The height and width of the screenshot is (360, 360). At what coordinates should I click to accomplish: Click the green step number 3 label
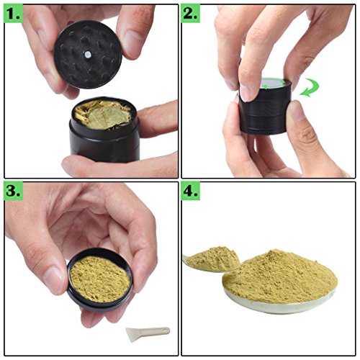[15, 192]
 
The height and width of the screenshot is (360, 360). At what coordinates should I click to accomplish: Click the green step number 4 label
[192, 192]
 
